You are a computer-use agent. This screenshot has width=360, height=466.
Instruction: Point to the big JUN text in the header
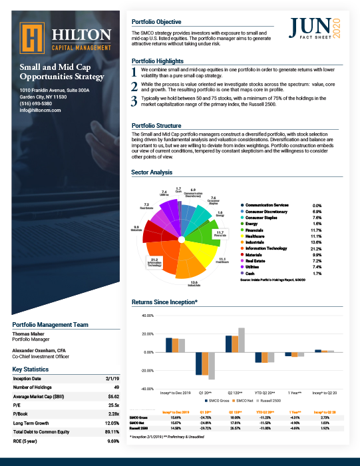coord(309,27)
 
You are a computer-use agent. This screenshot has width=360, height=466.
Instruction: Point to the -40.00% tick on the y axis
coord(145,389)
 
